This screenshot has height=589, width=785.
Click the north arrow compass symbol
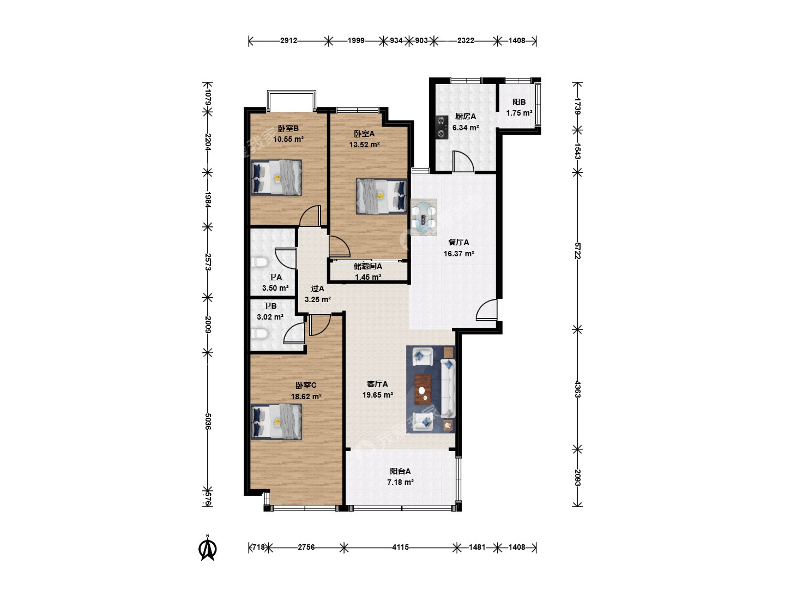pos(208,548)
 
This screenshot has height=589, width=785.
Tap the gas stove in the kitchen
pos(442,127)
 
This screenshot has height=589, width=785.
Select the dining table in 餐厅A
pos(424,218)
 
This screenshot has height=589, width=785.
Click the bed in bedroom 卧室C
pos(276,422)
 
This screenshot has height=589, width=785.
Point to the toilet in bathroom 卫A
pos(259,263)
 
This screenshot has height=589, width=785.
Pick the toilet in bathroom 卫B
pos(259,334)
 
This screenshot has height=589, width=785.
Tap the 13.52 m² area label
pos(365,145)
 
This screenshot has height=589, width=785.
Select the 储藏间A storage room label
pos(367,267)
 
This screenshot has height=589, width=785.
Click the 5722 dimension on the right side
pos(577,251)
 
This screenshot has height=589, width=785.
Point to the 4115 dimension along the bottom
pos(400,548)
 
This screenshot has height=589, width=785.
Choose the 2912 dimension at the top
pos(288,41)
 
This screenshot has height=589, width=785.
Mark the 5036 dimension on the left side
pos(208,422)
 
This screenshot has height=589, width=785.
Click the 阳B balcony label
pos(519,103)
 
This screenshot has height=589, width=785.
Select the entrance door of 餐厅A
pos(486,310)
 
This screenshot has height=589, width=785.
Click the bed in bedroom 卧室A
pos(382,196)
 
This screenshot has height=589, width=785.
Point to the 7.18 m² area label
pos(401,483)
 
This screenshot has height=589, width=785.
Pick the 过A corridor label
pos(317,289)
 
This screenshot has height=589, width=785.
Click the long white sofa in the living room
pos(448,388)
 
